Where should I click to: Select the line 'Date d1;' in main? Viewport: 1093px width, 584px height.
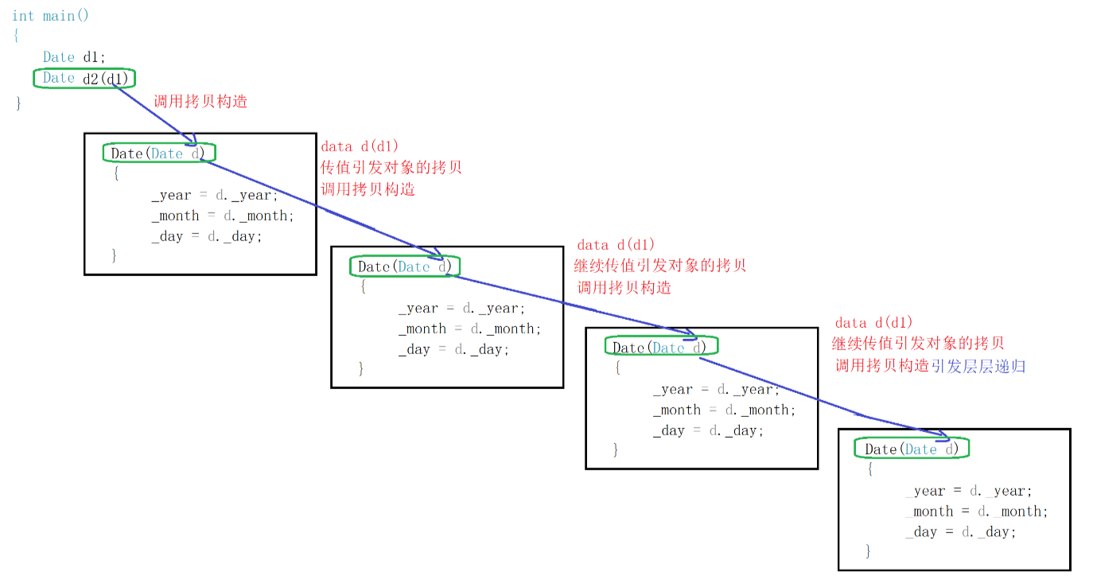click(74, 57)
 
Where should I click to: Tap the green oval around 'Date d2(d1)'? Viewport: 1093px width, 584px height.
click(84, 78)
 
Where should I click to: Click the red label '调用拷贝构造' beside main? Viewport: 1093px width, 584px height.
click(200, 101)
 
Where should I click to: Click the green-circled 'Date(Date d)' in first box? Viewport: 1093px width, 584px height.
click(159, 154)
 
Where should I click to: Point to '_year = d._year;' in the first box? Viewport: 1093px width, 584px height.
click(215, 195)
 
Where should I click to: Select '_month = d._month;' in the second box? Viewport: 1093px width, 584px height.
click(469, 329)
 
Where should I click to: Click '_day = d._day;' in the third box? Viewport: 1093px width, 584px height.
click(708, 430)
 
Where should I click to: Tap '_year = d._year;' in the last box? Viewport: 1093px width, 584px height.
click(968, 491)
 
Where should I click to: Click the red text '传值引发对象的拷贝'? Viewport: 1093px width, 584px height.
click(391, 168)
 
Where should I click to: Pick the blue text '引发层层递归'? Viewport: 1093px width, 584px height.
click(978, 366)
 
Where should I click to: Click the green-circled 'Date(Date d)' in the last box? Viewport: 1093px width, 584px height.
click(912, 449)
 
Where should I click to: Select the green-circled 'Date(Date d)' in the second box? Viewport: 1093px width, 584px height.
click(405, 267)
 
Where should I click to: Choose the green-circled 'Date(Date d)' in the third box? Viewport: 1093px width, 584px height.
click(660, 347)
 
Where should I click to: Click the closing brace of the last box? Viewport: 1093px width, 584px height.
click(868, 551)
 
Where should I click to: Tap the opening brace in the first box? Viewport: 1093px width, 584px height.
click(115, 174)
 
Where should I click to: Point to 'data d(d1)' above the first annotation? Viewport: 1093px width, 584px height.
click(360, 146)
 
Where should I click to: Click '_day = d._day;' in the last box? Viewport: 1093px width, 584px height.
click(961, 532)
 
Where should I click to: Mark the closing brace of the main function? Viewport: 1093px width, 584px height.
click(18, 103)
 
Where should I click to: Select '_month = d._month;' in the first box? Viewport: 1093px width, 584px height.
click(223, 216)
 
